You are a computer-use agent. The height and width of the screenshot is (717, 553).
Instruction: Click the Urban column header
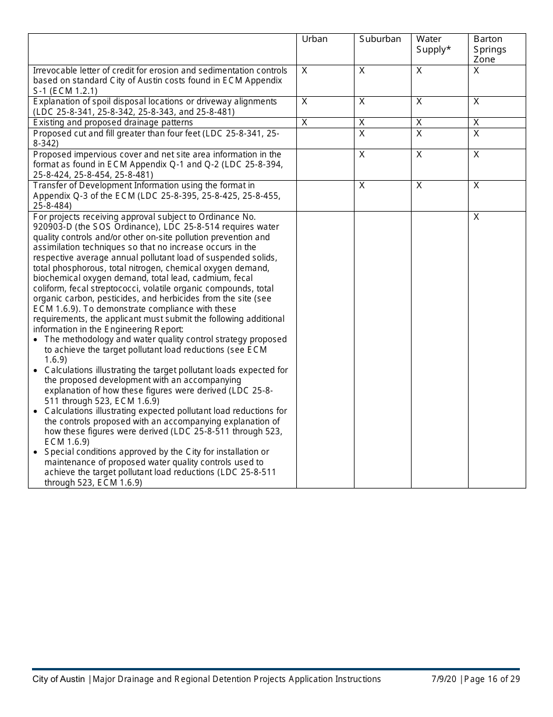[314, 39]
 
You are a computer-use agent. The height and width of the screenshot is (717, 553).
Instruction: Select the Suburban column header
[380, 39]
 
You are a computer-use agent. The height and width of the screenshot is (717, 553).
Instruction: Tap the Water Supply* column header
[434, 44]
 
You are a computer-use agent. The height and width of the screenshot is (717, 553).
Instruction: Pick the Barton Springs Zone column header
[490, 49]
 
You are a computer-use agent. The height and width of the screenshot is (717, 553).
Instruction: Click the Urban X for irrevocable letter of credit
[304, 71]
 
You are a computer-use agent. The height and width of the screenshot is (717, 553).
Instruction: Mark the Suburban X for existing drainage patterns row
[361, 122]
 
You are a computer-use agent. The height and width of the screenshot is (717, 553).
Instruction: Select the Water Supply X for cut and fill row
[419, 133]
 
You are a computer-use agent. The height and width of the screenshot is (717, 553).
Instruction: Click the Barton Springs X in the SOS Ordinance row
[476, 217]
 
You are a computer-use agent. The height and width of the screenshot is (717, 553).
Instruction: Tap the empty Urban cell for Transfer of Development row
[325, 195]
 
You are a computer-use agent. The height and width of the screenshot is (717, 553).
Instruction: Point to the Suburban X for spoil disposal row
[361, 101]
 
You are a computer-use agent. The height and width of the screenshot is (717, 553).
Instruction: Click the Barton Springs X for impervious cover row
[476, 154]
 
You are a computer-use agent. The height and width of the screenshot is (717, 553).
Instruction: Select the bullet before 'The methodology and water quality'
[37, 339]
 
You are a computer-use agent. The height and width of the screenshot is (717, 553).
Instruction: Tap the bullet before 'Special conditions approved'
[37, 452]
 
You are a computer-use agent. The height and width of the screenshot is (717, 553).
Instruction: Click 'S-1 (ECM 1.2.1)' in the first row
[65, 91]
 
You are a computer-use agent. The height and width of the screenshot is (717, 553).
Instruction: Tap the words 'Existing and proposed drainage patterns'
[113, 122]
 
